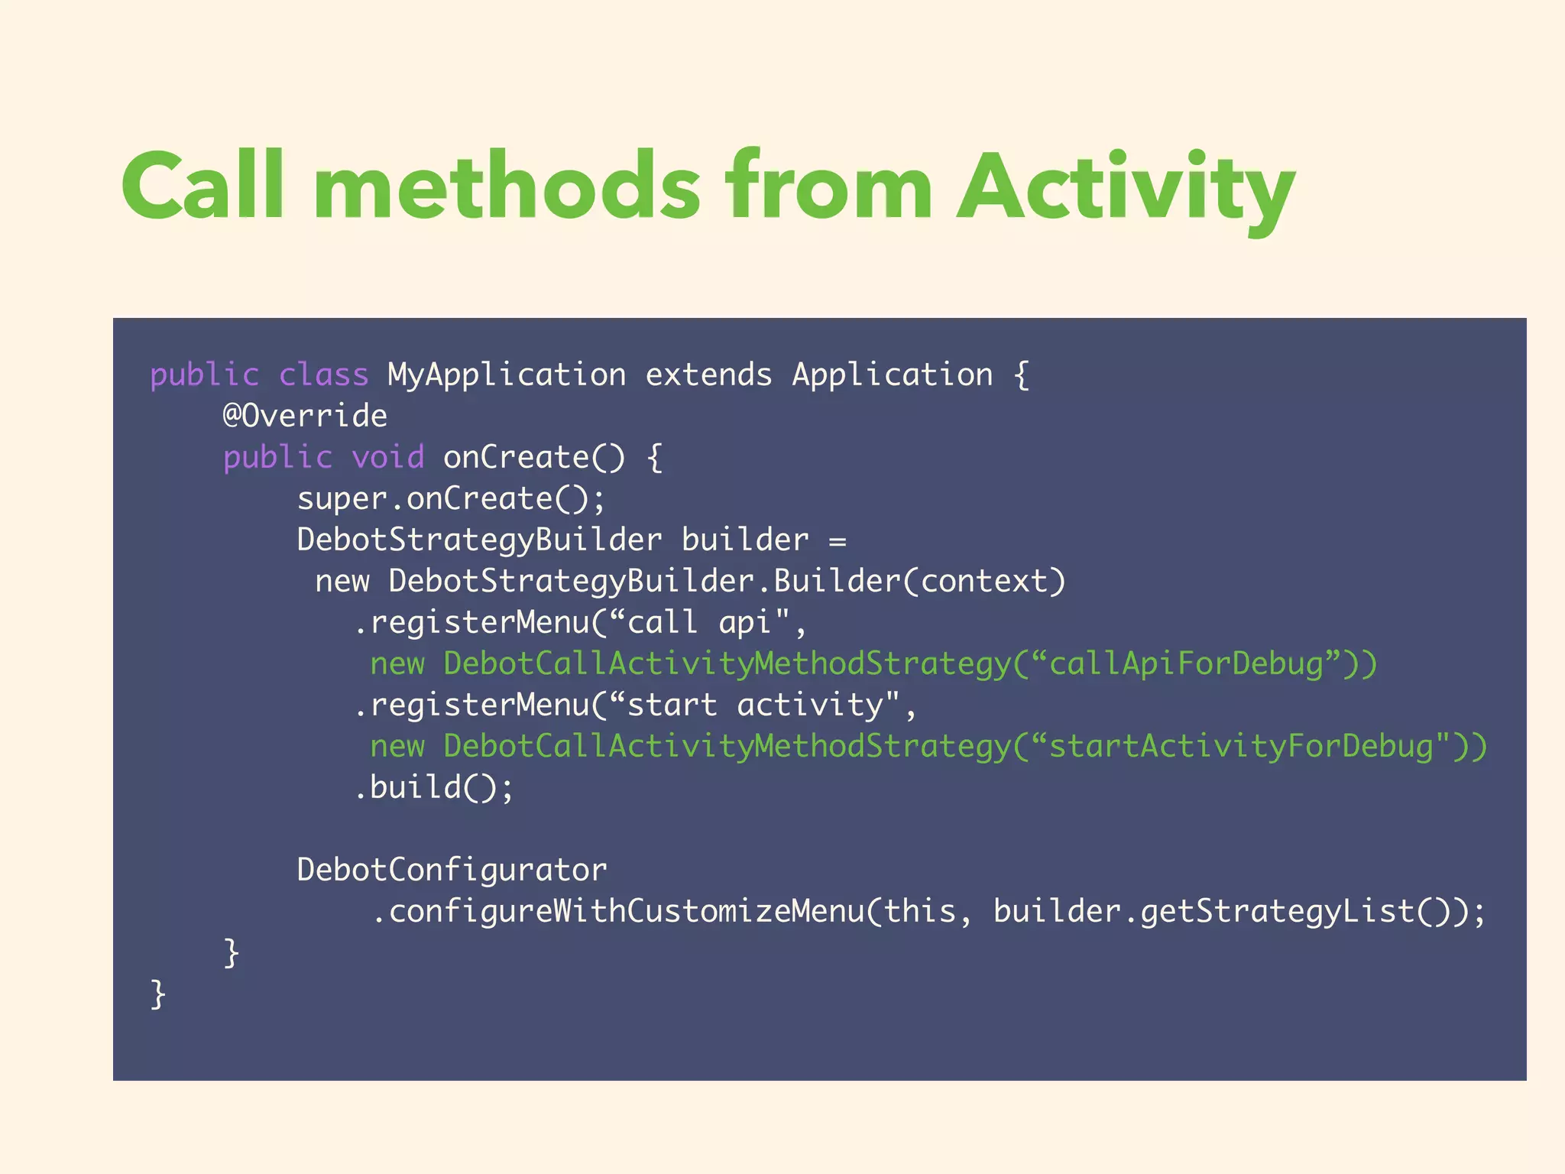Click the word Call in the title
(203, 186)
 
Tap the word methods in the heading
(506, 186)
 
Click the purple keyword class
(323, 375)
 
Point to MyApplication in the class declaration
(507, 375)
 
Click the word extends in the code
(708, 375)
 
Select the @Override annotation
(305, 417)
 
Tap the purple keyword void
(387, 458)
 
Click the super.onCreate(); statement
(451, 499)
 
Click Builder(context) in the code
(919, 582)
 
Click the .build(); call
(433, 788)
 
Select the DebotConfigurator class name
(452, 871)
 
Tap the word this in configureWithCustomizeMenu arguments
(919, 912)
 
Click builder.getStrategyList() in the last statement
(1223, 912)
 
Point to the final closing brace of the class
(158, 994)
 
